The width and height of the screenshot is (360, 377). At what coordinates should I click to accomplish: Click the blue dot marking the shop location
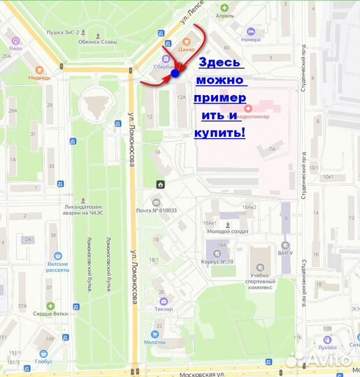[175, 72]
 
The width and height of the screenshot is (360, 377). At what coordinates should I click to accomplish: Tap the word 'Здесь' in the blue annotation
[221, 63]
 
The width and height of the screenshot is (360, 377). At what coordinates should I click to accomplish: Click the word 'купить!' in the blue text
[219, 131]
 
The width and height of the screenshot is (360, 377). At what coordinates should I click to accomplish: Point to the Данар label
[186, 50]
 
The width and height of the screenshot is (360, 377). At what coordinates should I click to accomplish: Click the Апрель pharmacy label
[224, 15]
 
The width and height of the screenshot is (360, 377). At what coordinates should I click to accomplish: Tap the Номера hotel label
[250, 39]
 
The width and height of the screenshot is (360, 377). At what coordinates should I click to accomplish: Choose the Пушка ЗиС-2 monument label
[64, 31]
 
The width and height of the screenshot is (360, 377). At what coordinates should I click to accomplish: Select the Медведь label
[39, 77]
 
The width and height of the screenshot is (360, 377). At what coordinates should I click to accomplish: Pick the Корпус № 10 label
[220, 261]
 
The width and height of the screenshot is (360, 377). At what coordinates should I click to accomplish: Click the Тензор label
[164, 309]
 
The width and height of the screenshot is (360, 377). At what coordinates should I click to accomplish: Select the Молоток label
[155, 341]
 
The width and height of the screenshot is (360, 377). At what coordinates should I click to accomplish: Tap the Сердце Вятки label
[50, 313]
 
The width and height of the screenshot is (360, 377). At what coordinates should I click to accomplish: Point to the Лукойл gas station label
[326, 346]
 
